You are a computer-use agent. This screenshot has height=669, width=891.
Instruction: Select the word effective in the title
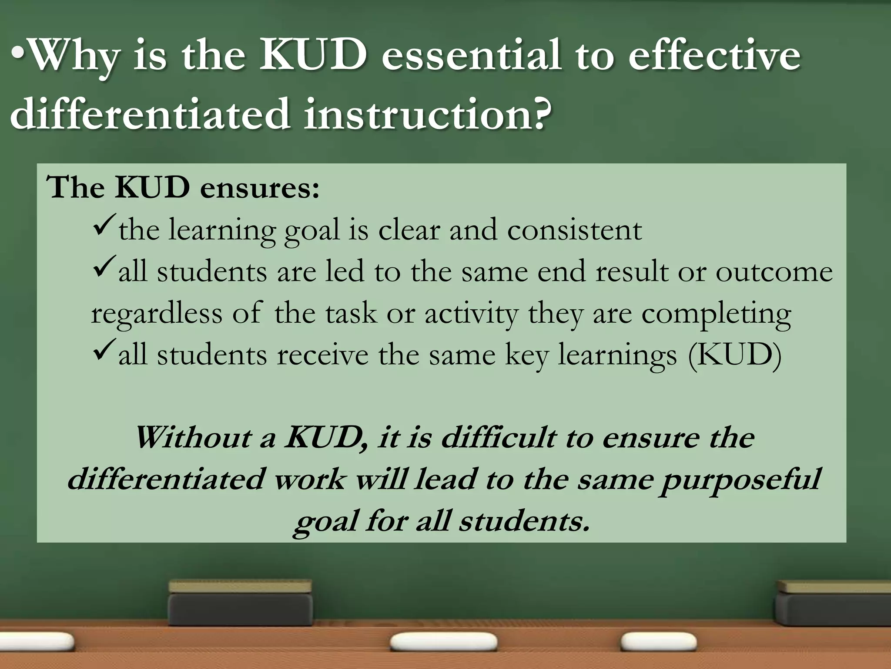[x=713, y=56]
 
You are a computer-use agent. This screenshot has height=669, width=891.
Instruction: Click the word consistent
[x=574, y=230]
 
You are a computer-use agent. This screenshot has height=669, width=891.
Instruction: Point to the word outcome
[x=774, y=272]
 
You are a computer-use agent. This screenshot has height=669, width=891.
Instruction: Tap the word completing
[x=716, y=314]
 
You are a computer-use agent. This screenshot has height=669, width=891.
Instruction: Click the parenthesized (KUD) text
[x=735, y=355]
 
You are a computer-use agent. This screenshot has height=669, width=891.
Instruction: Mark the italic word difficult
[x=498, y=438]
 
